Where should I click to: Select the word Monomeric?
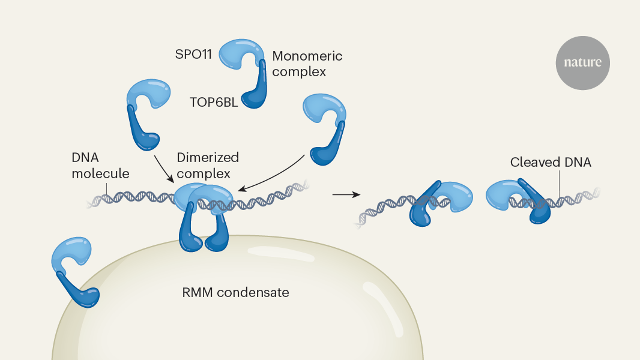point(307,56)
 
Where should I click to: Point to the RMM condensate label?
point(235,293)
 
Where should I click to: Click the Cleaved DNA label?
point(551,162)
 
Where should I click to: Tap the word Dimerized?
point(208,158)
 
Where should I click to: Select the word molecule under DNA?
point(100,173)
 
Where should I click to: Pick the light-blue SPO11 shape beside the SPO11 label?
point(241,55)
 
